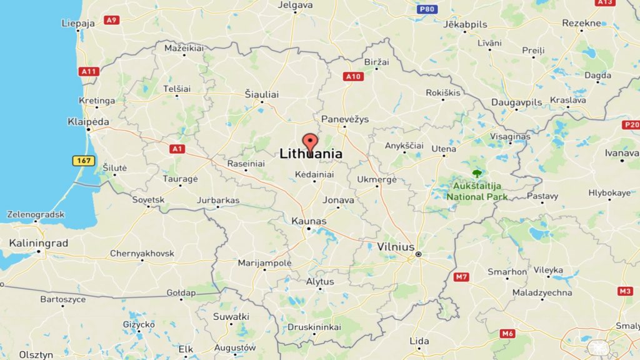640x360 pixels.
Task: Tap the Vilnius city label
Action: (x=396, y=247)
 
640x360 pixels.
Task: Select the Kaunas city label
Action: (x=309, y=221)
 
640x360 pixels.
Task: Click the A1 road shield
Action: (x=177, y=149)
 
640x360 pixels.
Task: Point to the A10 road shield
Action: (x=353, y=76)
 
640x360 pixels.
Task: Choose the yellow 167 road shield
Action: (x=83, y=161)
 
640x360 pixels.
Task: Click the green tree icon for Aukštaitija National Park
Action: (x=477, y=173)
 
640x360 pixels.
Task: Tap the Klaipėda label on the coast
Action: (x=88, y=122)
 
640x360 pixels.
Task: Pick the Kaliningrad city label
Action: (x=39, y=242)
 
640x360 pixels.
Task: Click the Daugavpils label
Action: (x=516, y=101)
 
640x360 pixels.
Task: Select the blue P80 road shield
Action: (x=427, y=9)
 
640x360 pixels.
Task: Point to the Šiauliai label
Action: (x=261, y=94)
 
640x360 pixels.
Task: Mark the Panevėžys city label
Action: (x=345, y=119)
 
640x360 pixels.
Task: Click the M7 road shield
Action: (x=462, y=276)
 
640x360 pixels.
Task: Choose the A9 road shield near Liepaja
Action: (x=111, y=20)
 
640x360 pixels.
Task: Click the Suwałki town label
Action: (x=231, y=316)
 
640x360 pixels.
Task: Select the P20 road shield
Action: (x=631, y=124)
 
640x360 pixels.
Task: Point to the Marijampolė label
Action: (x=264, y=263)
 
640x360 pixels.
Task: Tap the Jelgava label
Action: (x=294, y=5)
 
